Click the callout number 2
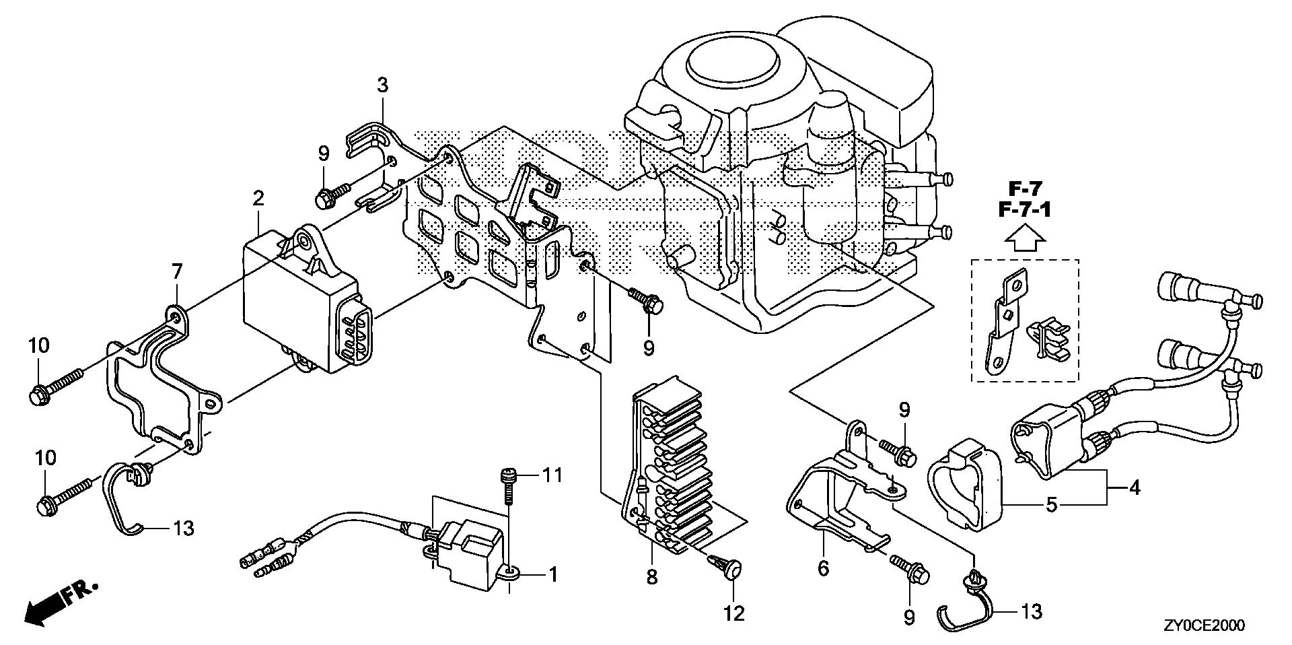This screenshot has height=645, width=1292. point(258,199)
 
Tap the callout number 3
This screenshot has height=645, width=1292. point(382,86)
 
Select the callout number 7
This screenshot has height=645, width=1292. point(176,272)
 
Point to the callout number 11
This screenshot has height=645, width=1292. point(552,476)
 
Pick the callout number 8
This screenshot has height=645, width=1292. point(651,577)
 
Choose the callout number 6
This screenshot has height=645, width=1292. point(823,568)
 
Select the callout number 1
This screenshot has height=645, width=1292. point(553,574)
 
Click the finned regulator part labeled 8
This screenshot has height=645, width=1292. point(673,471)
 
